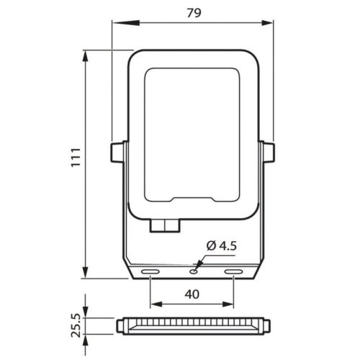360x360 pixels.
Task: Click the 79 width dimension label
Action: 194,13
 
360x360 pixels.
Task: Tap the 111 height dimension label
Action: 76,158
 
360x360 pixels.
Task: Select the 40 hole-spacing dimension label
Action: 192,294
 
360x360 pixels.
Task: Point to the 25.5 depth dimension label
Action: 76,326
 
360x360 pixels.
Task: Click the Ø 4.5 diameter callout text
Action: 221,246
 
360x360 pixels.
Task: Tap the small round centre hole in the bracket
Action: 194,271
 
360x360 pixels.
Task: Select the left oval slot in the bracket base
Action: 150,272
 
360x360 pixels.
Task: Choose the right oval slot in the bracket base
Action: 233,272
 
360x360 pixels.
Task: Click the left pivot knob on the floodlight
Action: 117,153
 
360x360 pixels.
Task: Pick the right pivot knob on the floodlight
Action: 269,153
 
